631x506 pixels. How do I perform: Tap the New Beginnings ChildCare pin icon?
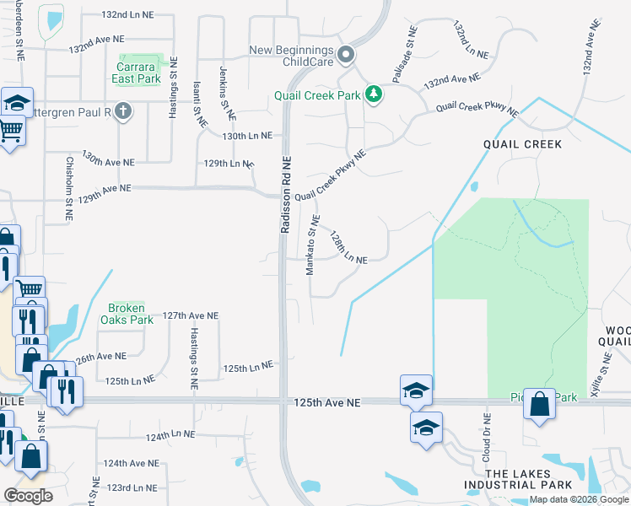pyautogui.click(x=346, y=57)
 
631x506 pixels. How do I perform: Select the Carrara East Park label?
pyautogui.click(x=136, y=73)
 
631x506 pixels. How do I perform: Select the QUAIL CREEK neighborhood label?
pyautogui.click(x=522, y=144)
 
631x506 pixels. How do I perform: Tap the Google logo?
pyautogui.click(x=28, y=496)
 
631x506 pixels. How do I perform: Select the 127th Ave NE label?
pyautogui.click(x=191, y=315)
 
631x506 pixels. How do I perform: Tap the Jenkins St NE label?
pyautogui.click(x=225, y=94)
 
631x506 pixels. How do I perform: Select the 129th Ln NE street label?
pyautogui.click(x=224, y=162)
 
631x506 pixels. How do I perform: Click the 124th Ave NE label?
pyautogui.click(x=131, y=464)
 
